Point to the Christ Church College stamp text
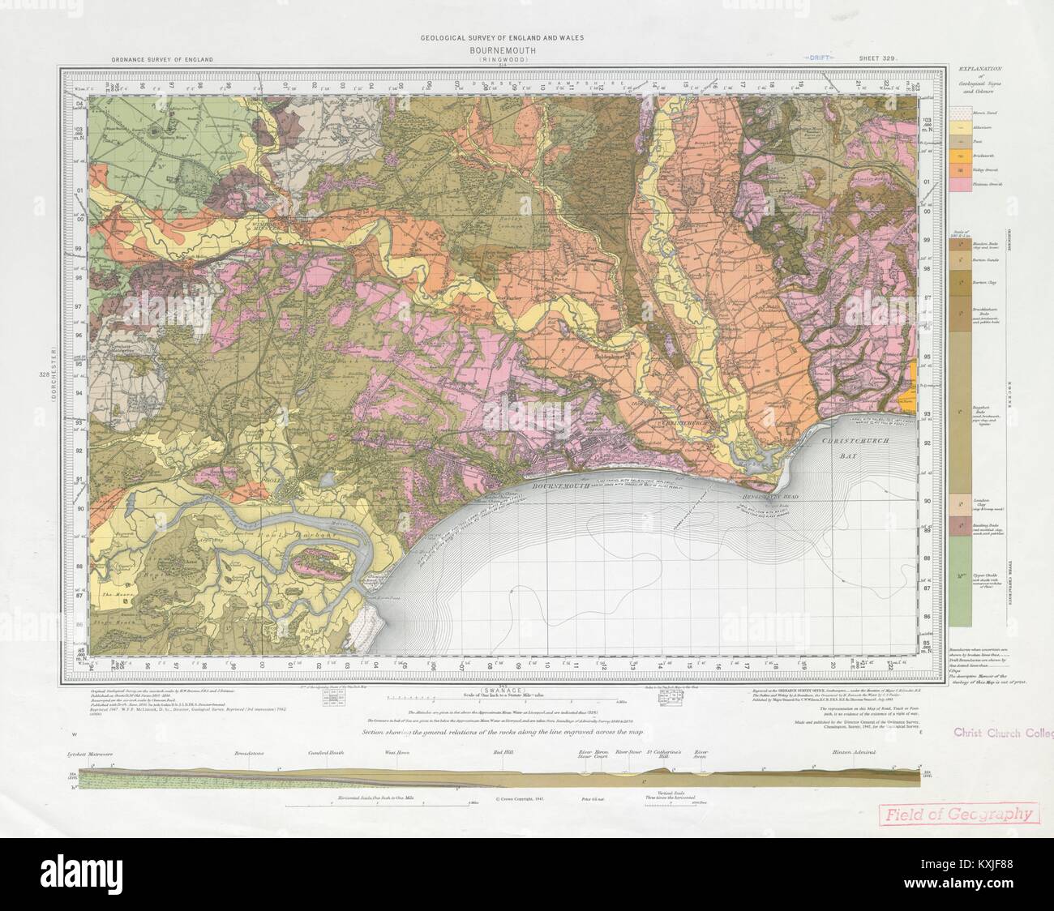[x=1002, y=734]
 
